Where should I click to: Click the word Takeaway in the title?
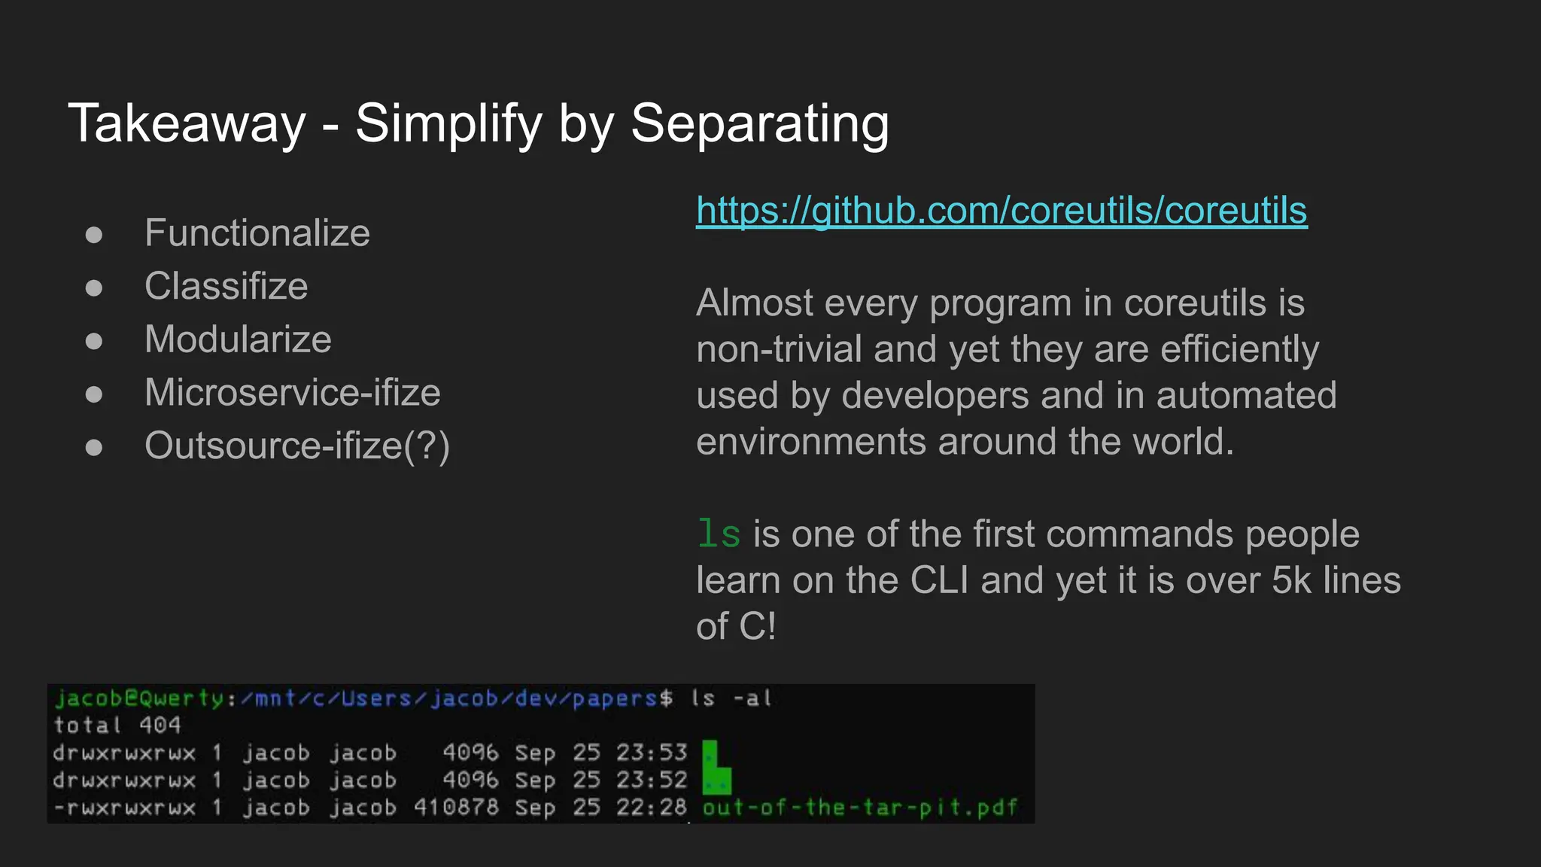[187, 124]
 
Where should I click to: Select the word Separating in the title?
[759, 124]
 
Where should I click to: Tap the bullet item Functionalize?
[257, 233]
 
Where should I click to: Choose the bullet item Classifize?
[226, 287]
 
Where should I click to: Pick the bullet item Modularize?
[238, 339]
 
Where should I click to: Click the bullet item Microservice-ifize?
[292, 393]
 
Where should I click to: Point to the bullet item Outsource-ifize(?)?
[296, 446]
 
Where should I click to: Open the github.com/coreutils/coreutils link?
[1001, 211]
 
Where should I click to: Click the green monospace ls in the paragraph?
[719, 534]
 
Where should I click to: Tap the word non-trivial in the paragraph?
[779, 350]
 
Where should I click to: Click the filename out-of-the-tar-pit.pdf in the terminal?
[859, 808]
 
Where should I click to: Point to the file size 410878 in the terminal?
[456, 808]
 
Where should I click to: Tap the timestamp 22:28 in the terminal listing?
[652, 808]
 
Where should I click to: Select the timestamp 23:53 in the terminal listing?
[652, 753]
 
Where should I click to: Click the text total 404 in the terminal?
[117, 726]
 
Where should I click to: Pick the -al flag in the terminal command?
[753, 698]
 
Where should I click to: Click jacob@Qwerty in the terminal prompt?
[139, 698]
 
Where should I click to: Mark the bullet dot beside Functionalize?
[94, 235]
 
